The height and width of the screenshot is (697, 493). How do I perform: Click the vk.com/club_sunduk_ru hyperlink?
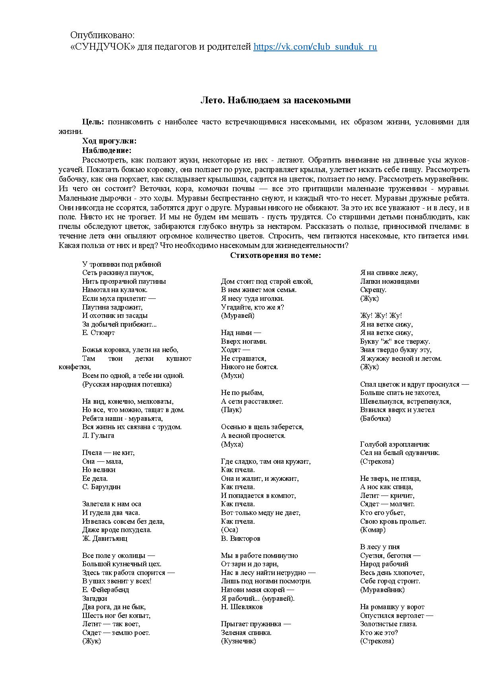315,47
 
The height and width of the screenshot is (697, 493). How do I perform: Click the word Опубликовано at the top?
103,35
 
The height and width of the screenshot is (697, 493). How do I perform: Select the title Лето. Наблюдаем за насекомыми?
275,100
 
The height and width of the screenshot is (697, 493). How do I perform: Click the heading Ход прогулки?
109,141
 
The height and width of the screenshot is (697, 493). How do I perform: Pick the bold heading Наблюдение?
107,151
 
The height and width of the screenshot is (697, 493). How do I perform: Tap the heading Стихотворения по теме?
275,256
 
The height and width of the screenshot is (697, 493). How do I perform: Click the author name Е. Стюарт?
98,333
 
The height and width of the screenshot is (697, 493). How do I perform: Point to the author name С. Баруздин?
101,487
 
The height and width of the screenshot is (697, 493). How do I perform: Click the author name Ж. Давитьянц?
105,538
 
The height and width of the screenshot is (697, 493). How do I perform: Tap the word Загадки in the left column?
95,598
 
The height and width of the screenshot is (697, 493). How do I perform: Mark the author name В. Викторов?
241,538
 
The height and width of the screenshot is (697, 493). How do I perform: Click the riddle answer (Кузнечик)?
238,641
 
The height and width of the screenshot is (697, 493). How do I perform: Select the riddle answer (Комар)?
373,530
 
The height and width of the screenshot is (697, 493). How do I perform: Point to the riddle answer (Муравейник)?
382,590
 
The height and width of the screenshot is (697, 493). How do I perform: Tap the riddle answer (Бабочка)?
375,418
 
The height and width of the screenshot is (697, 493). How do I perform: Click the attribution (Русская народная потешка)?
127,384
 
